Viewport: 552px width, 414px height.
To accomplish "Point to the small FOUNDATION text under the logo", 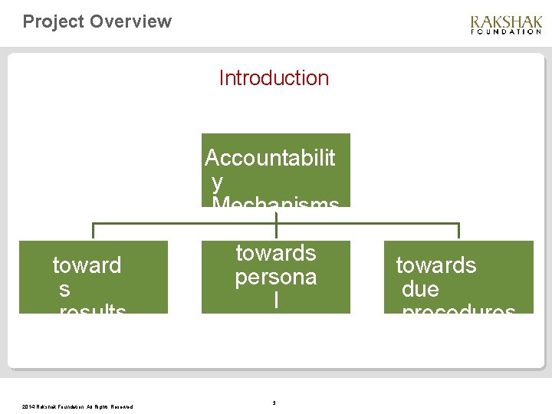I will click(506, 32).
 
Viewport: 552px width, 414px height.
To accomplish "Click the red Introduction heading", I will click(274, 77).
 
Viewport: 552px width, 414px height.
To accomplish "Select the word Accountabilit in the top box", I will click(270, 158).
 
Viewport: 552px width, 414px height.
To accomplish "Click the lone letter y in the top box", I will click(218, 182).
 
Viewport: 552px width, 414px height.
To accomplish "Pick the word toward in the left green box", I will click(87, 265).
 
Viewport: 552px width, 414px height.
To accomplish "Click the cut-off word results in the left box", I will click(92, 310).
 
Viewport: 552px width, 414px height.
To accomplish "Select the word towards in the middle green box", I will click(275, 252).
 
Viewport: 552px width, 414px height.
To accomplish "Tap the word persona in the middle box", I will click(275, 277).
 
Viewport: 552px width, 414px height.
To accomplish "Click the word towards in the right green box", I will click(435, 265).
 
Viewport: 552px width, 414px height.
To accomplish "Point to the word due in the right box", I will click(420, 289).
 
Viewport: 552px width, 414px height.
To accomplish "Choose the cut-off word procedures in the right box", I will click(458, 310).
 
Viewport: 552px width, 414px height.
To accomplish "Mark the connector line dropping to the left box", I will click(93, 232).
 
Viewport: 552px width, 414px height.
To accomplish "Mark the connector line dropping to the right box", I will click(458, 232).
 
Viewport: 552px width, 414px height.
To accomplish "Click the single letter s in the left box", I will click(65, 289).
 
